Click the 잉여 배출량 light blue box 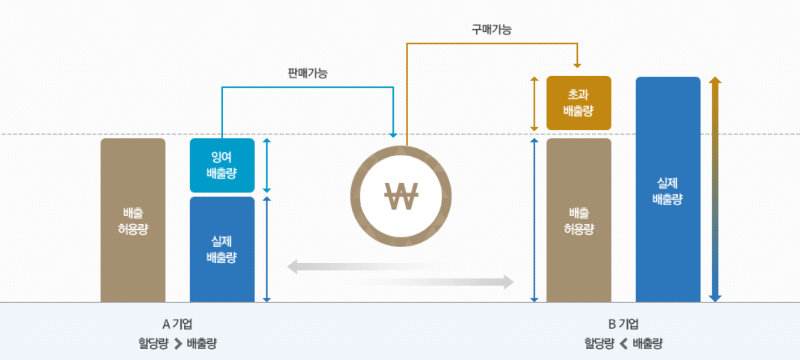pyautogui.click(x=222, y=165)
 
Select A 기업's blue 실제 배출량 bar pyautogui.click(x=222, y=249)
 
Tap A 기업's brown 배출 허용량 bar pyautogui.click(x=133, y=221)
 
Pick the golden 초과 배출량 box pyautogui.click(x=578, y=103)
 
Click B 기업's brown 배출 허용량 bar pyautogui.click(x=578, y=221)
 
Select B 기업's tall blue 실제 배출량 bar pyautogui.click(x=668, y=190)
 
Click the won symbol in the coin pyautogui.click(x=401, y=196)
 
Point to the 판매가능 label pyautogui.click(x=307, y=73)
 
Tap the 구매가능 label pyautogui.click(x=491, y=30)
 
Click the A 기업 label pyautogui.click(x=177, y=324)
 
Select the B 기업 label pyautogui.click(x=623, y=324)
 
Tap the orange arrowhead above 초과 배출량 pyautogui.click(x=577, y=64)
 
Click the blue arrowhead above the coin pyautogui.click(x=394, y=134)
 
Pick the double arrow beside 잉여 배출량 pyautogui.click(x=266, y=165)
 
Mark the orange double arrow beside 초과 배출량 pyautogui.click(x=535, y=103)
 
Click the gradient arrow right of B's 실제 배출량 pyautogui.click(x=715, y=189)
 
